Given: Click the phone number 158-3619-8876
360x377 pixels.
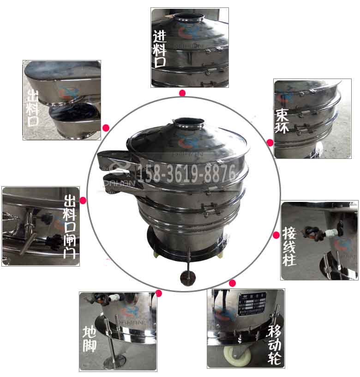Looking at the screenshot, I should (187, 173).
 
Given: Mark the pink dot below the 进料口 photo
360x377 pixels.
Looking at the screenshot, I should (182, 93).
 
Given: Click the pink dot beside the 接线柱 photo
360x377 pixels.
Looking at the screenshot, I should (276, 235).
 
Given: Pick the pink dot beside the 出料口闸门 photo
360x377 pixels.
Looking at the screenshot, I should (83, 201).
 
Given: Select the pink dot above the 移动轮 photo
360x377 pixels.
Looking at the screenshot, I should (232, 282).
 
